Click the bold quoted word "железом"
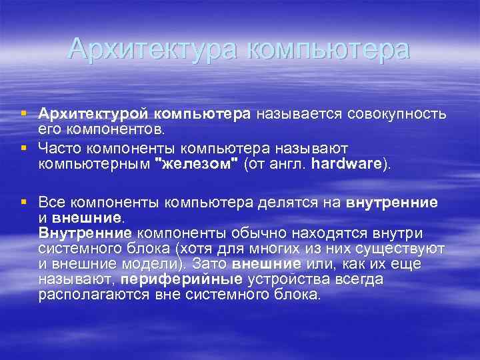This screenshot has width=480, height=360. (196, 165)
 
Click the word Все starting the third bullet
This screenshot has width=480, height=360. (52, 203)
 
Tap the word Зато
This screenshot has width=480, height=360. (207, 264)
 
